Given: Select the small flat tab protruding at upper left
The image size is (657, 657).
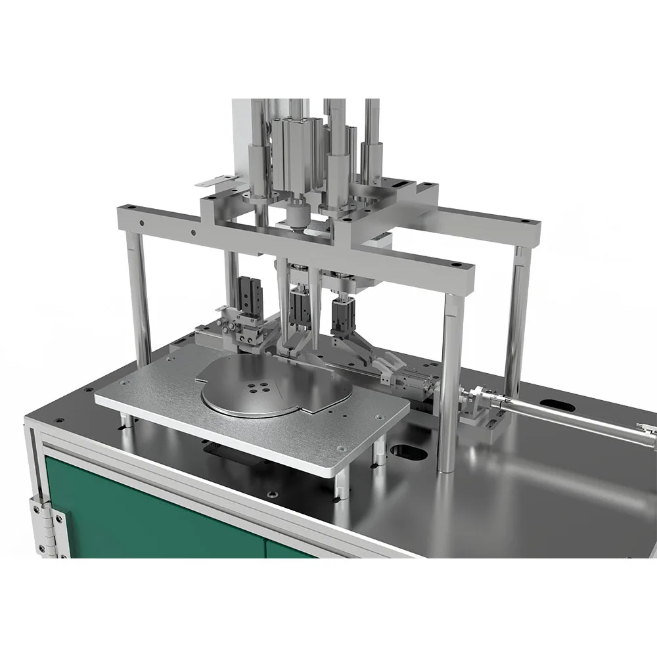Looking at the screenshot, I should tap(213, 181).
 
